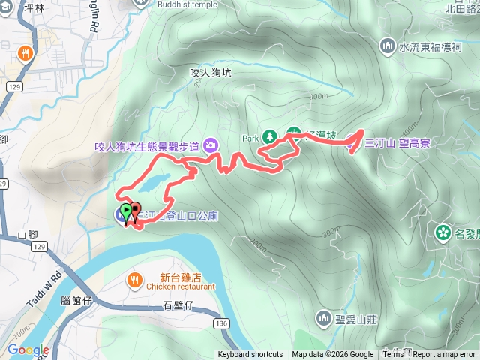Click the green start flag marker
coord(124,211)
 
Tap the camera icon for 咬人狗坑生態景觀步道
coord(211,145)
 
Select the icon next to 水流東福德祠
coord(388,46)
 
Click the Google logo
coord(28,350)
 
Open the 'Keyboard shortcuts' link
coord(250,355)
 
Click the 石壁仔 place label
coord(178,304)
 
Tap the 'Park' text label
coord(250,138)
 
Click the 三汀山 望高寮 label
coord(397,143)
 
